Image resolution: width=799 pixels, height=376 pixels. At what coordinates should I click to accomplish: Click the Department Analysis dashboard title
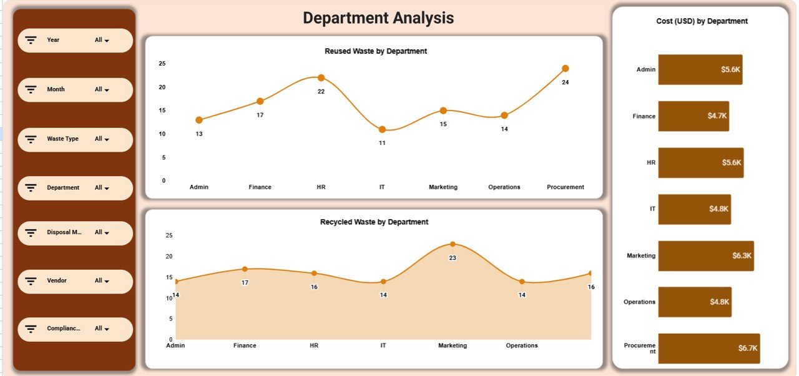coord(378,18)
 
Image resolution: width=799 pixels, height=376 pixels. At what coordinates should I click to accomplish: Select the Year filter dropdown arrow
coord(107,41)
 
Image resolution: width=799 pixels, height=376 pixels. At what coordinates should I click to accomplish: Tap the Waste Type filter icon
coord(31,139)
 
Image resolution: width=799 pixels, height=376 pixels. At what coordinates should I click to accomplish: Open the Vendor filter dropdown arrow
coord(107,282)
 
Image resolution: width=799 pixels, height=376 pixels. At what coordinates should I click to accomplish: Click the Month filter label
coord(56,89)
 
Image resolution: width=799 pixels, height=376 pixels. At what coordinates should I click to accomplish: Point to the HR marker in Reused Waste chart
coord(321,78)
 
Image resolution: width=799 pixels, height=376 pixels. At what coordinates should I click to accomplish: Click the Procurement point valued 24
coord(565,69)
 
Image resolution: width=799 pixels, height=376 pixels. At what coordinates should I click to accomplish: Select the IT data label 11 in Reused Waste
coord(382,143)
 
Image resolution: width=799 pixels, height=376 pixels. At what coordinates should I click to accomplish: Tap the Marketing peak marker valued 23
coord(453,244)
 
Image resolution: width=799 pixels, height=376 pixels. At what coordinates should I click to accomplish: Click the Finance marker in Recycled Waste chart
coord(245,269)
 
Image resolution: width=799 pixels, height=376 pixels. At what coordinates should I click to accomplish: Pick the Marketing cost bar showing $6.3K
coord(705,255)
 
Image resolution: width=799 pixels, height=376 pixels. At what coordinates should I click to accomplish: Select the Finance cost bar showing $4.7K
coord(693,116)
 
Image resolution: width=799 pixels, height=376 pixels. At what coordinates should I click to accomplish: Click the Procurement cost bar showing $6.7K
coord(708,349)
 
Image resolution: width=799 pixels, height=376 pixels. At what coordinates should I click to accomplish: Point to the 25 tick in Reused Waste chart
coord(162,64)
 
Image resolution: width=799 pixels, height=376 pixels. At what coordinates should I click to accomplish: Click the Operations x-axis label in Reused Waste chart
coord(504,187)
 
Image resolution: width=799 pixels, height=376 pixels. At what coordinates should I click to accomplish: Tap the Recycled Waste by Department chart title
coord(374,222)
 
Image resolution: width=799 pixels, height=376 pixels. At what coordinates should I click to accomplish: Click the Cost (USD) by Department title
coord(702,21)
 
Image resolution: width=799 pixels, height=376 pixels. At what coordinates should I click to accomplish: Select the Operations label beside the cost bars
coord(639,302)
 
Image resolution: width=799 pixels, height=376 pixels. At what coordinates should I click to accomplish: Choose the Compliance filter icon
coord(31,329)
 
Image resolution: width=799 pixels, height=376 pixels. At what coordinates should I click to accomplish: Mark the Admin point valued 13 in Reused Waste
coord(199,120)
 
